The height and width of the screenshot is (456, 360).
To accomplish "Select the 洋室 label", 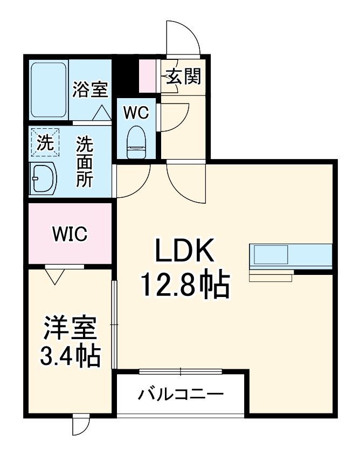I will point(70,328).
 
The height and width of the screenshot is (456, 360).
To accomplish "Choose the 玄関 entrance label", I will point(183,77).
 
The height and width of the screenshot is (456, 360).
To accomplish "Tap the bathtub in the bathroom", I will point(49,89).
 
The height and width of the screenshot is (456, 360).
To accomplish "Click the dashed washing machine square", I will point(45,143).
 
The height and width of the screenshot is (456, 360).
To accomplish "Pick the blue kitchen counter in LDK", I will point(290,255).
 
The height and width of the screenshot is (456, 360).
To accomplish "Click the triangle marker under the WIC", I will point(54,277).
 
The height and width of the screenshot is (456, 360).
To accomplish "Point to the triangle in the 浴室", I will point(101,113).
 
